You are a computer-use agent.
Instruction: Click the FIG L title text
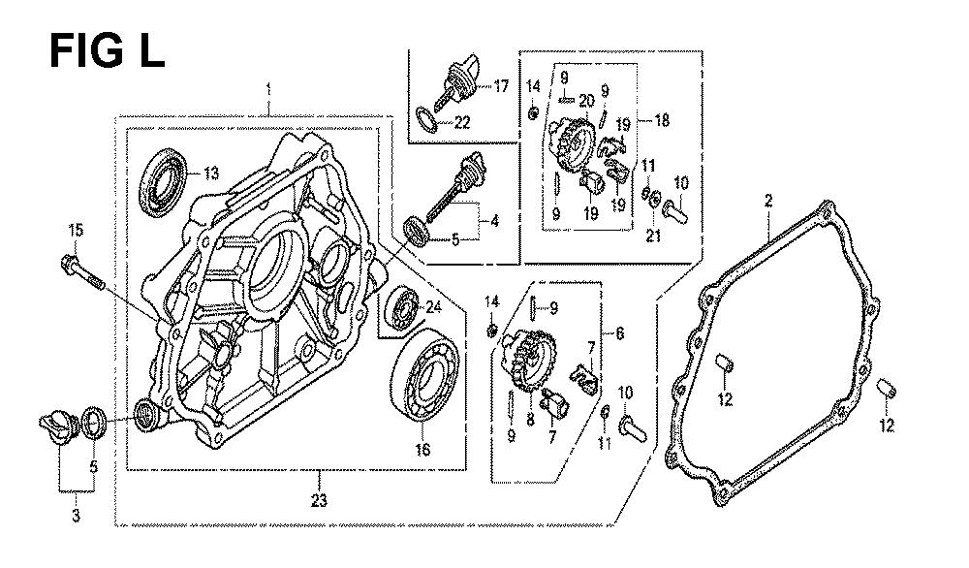point(107,49)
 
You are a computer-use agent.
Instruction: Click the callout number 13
point(210,174)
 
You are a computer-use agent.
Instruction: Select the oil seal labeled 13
point(164,178)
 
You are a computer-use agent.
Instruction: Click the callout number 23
point(319,501)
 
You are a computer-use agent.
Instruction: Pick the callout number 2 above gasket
point(767,202)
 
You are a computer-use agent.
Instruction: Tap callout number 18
point(662,122)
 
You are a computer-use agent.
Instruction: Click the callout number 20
point(586,100)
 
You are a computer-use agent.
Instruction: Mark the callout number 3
point(77,517)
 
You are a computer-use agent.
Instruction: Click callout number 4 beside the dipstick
point(494,220)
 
